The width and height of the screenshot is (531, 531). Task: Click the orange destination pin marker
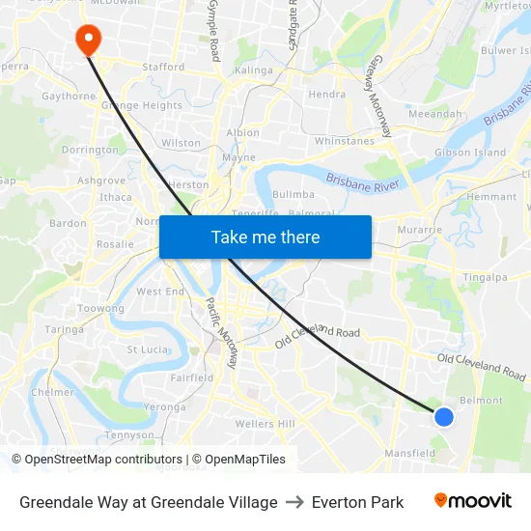click(x=88, y=39)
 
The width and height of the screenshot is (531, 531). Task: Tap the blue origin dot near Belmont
click(x=443, y=416)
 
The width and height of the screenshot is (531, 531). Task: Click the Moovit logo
click(x=472, y=501)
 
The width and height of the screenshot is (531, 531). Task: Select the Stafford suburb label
click(x=162, y=68)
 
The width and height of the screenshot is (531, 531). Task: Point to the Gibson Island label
click(x=470, y=153)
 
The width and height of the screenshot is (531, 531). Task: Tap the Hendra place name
click(x=326, y=95)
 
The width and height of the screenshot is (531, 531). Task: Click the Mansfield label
click(x=410, y=453)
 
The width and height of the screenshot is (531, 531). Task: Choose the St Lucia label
click(x=148, y=349)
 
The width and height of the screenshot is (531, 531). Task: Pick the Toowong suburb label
click(x=100, y=309)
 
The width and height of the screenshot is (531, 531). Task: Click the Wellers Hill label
click(x=265, y=424)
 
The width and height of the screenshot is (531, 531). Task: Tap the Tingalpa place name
click(x=486, y=278)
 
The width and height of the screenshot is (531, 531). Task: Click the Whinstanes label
click(x=344, y=141)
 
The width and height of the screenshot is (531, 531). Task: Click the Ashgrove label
click(x=101, y=181)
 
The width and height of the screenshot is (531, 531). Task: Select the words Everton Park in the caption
click(x=357, y=502)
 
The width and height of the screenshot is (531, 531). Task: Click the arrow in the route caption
click(x=294, y=502)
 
